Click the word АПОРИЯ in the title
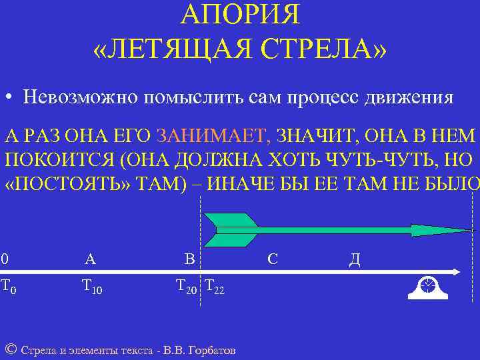(240, 14)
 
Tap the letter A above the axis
(90, 259)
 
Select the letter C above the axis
(272, 259)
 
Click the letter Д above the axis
(355, 259)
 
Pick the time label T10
(91, 287)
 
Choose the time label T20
(186, 287)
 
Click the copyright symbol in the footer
(10, 349)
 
